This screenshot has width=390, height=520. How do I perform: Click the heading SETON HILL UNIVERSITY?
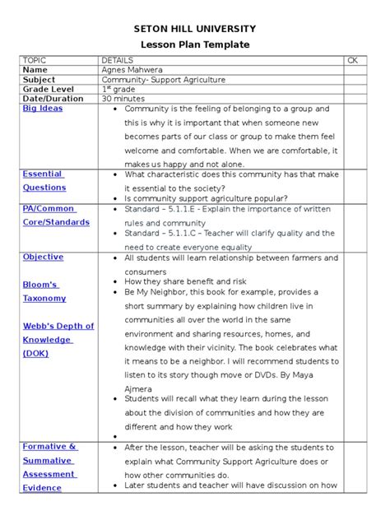point(195,28)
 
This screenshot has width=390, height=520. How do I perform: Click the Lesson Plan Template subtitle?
point(195,44)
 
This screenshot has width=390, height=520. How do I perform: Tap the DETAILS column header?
point(117,61)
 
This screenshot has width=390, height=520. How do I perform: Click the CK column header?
point(353,61)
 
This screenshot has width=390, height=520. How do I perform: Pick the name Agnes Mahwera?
point(132,71)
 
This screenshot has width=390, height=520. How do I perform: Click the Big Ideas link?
point(42,109)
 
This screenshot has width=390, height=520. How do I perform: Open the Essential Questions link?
point(44,181)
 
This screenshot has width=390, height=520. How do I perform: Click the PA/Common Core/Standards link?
point(55,216)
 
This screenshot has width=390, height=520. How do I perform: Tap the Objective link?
point(43,258)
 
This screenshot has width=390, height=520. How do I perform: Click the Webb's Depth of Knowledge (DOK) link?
point(58,340)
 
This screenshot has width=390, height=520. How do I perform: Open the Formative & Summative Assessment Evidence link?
point(50,467)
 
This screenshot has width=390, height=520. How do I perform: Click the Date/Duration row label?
point(53,99)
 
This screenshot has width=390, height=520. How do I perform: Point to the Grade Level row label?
point(48,89)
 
